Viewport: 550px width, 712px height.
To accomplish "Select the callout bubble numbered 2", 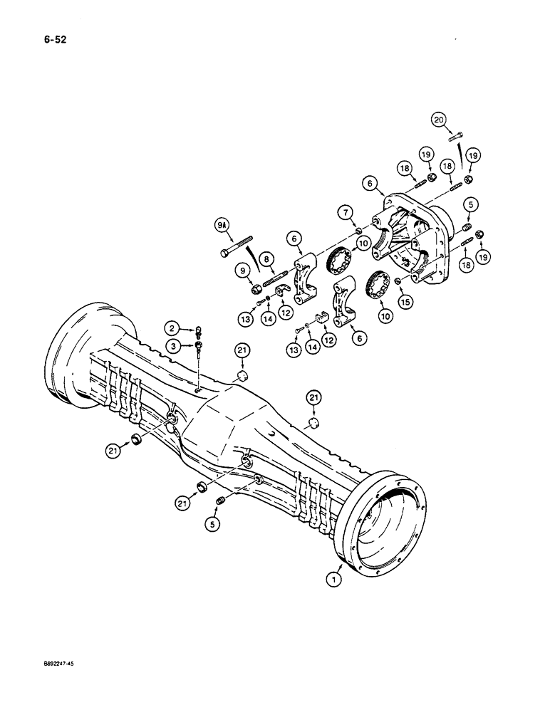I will [x=171, y=328].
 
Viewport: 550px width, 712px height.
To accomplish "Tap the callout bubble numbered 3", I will [x=171, y=346].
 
